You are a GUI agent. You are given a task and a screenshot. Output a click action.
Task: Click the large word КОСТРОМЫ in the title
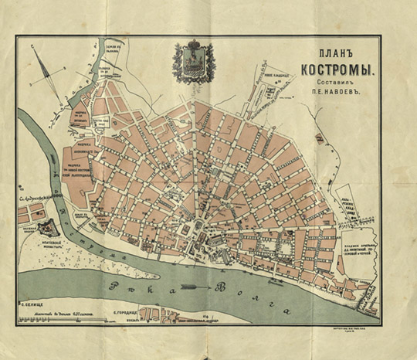(337, 71)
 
